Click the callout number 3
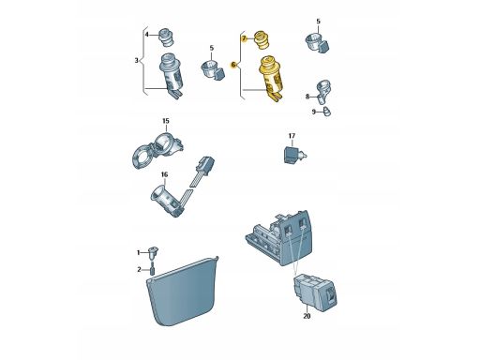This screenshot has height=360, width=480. pyautogui.click(x=136, y=60)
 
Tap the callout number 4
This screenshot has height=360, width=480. pyautogui.click(x=147, y=35)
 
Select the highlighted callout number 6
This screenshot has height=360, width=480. pyautogui.click(x=232, y=65)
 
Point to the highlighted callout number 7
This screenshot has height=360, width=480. pyautogui.click(x=244, y=38)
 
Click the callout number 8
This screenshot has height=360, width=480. pyautogui.click(x=307, y=97)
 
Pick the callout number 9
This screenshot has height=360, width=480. pyautogui.click(x=313, y=112)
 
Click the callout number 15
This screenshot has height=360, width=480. pyautogui.click(x=166, y=121)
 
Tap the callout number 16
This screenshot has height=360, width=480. pyautogui.click(x=164, y=174)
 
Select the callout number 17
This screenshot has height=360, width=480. pyautogui.click(x=292, y=136)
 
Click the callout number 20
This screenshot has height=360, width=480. pyautogui.click(x=307, y=316)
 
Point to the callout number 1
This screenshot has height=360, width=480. pyautogui.click(x=139, y=252)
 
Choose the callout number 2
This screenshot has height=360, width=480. pyautogui.click(x=139, y=269)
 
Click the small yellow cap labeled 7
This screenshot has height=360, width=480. pyautogui.click(x=262, y=40)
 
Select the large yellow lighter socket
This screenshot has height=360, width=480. pyautogui.click(x=270, y=77)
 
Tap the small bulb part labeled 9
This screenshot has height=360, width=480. pyautogui.click(x=326, y=112)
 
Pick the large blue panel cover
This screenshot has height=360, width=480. pyautogui.click(x=183, y=292)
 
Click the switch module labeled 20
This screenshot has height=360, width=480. pyautogui.click(x=315, y=292)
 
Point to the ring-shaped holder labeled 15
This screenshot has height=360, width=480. pyautogui.click(x=157, y=151)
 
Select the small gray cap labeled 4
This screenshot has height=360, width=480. pyautogui.click(x=166, y=37)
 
